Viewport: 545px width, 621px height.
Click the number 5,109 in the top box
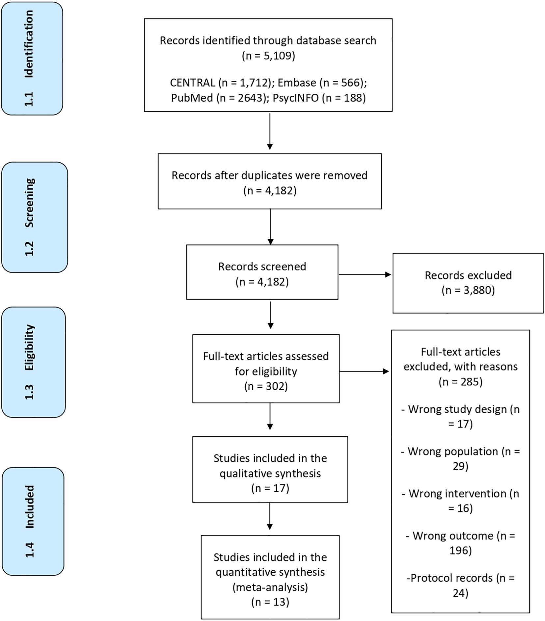tap(277, 56)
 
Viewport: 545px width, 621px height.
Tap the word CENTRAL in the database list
tap(192, 83)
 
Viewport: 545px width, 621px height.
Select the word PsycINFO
tap(296, 98)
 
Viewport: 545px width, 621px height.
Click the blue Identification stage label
tap(32, 59)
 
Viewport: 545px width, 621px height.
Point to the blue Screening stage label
tap(35, 217)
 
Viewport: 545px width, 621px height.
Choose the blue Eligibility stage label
tap(34, 362)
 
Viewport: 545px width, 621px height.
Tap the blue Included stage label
tap(33, 521)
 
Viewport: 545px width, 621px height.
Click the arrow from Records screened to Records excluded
tap(365, 274)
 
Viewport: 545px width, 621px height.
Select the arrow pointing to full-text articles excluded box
tap(364, 372)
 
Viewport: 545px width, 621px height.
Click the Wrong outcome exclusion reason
tap(460, 543)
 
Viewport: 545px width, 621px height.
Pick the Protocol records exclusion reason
tap(460, 585)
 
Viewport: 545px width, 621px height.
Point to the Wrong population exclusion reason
tap(460, 458)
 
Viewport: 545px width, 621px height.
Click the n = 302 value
tap(266, 386)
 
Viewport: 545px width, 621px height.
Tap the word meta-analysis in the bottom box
tap(270, 587)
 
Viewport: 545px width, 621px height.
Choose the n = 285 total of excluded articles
tap(460, 382)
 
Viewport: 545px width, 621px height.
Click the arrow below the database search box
tap(270, 131)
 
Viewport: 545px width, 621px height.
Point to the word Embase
tap(297, 83)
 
